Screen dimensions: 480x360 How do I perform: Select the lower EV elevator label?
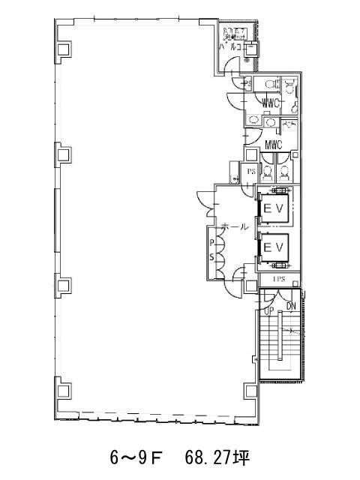pos(271,246)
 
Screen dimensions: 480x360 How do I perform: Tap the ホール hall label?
pos(235,226)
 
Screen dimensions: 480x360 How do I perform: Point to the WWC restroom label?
pos(271,102)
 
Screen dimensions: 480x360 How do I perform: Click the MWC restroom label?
pos(273,145)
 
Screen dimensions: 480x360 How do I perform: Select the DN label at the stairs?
pos(292,307)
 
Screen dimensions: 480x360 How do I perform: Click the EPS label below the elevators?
pos(278,280)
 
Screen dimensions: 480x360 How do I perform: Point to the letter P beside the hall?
pos(211,243)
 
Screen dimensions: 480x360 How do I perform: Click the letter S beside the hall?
pos(211,257)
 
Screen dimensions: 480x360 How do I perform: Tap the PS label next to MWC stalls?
pos(252,172)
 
